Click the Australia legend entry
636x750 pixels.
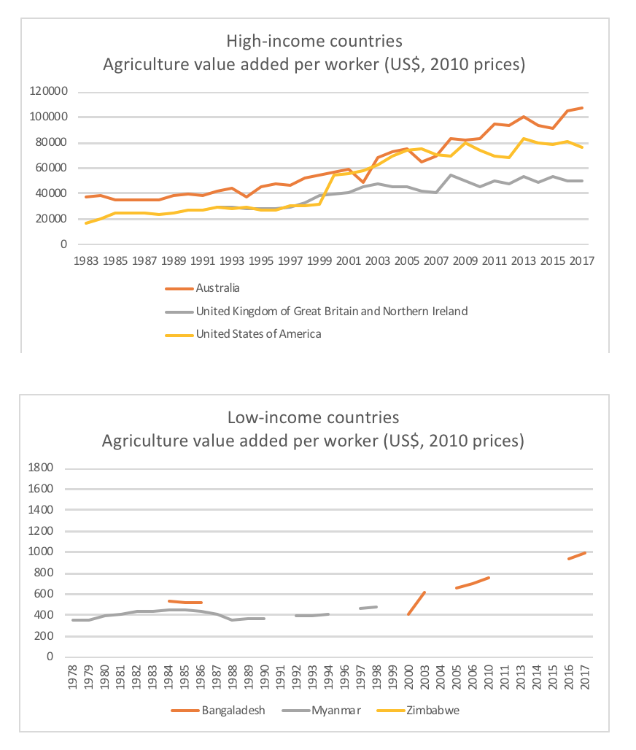pyautogui.click(x=217, y=288)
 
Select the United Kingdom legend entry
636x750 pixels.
pyautogui.click(x=331, y=311)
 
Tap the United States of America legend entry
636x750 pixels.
pyautogui.click(x=258, y=334)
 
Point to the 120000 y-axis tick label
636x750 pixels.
pyautogui.click(x=49, y=92)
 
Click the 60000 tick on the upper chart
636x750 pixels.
pyautogui.click(x=51, y=168)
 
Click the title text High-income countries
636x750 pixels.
pyautogui.click(x=314, y=40)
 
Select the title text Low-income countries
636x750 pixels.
pyautogui.click(x=314, y=417)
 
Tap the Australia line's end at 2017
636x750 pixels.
pyautogui.click(x=581, y=108)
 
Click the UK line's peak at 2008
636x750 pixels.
pyautogui.click(x=451, y=175)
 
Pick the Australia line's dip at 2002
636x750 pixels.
pyautogui.click(x=363, y=182)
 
